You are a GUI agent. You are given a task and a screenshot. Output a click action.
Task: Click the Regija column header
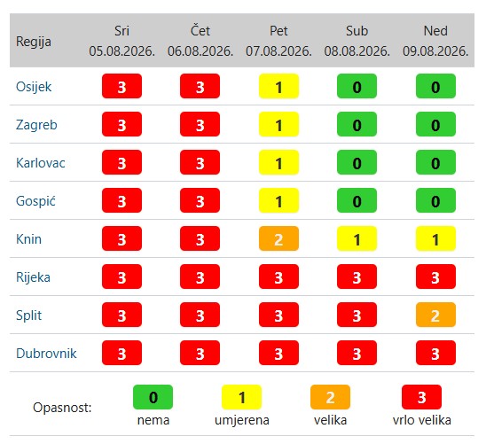(x=34, y=42)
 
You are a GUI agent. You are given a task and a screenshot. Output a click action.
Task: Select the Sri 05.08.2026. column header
(x=122, y=41)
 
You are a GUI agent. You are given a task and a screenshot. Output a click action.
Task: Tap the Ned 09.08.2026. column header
(x=435, y=41)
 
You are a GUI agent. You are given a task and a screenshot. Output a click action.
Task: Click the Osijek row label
(x=34, y=87)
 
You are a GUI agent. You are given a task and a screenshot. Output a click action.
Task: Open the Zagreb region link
(x=36, y=125)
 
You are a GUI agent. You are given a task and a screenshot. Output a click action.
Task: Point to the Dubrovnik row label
(x=46, y=354)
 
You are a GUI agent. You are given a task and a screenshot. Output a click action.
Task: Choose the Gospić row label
(x=35, y=201)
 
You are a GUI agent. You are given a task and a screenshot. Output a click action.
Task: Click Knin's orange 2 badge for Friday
(x=278, y=238)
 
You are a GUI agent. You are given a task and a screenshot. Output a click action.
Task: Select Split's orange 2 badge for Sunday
(x=435, y=315)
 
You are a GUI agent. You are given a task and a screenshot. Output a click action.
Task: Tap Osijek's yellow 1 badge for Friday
(x=278, y=86)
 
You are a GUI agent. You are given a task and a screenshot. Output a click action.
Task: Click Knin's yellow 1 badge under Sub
(x=357, y=238)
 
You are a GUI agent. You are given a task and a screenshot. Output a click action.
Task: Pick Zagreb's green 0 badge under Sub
(x=357, y=124)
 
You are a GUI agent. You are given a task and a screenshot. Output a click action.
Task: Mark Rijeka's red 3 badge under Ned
(x=435, y=277)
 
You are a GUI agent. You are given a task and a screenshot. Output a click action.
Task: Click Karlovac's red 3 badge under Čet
(x=200, y=162)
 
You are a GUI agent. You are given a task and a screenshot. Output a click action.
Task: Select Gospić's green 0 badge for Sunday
(x=435, y=200)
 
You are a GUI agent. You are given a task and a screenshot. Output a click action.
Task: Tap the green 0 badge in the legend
(x=153, y=397)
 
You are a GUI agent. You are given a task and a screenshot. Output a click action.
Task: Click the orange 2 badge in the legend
(x=330, y=397)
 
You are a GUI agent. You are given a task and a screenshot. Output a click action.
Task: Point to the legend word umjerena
(x=242, y=420)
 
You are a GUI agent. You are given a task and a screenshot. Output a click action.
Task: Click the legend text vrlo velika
(x=422, y=420)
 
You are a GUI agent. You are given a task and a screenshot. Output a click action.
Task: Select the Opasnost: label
(x=62, y=408)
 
